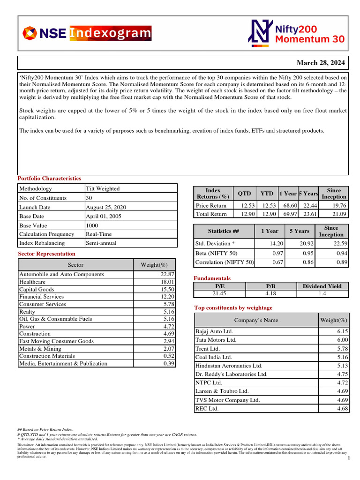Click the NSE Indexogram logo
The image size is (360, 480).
[x=87, y=33]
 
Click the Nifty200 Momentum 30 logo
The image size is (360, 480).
[x=296, y=33]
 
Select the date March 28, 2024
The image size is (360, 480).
[x=321, y=63]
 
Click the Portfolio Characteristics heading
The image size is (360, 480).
[x=49, y=179]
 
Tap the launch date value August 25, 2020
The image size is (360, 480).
[x=105, y=207]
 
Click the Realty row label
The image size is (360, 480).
[x=27, y=312]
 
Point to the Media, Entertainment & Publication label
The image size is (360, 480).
[x=63, y=364]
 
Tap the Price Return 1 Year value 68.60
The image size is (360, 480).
[x=287, y=206]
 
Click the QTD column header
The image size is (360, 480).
[x=244, y=193]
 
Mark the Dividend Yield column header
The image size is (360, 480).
[x=322, y=286]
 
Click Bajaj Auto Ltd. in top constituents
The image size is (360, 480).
[x=214, y=331]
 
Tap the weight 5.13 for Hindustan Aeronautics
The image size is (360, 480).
[x=340, y=366]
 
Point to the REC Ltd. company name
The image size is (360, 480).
[x=207, y=408]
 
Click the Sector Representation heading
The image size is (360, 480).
[x=46, y=254]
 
